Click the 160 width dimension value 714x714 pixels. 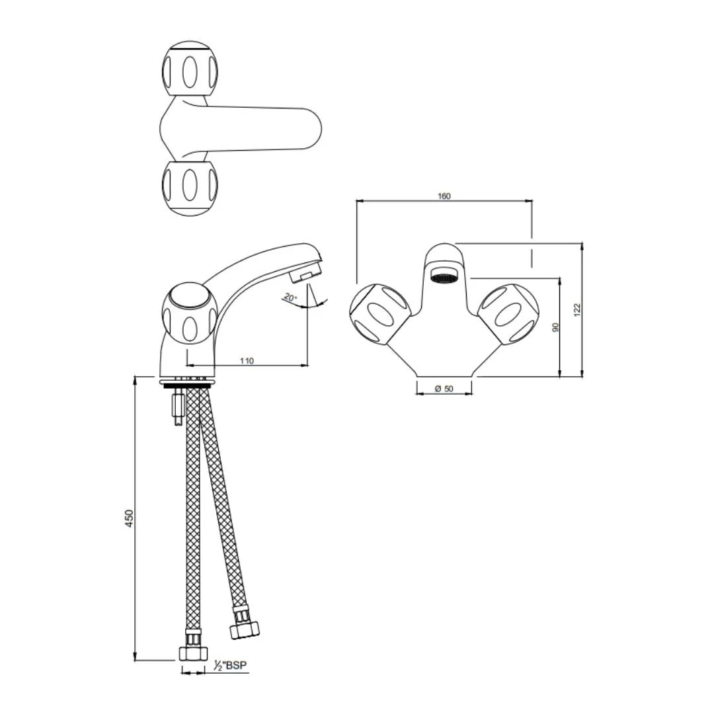[444, 196]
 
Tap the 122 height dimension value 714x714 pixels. [577, 309]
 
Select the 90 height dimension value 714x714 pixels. [556, 327]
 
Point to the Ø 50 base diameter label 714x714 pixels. [444, 389]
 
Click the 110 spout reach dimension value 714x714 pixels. [247, 361]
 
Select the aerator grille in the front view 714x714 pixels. [444, 276]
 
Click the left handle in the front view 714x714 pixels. [379, 314]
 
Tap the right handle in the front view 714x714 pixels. [509, 314]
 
